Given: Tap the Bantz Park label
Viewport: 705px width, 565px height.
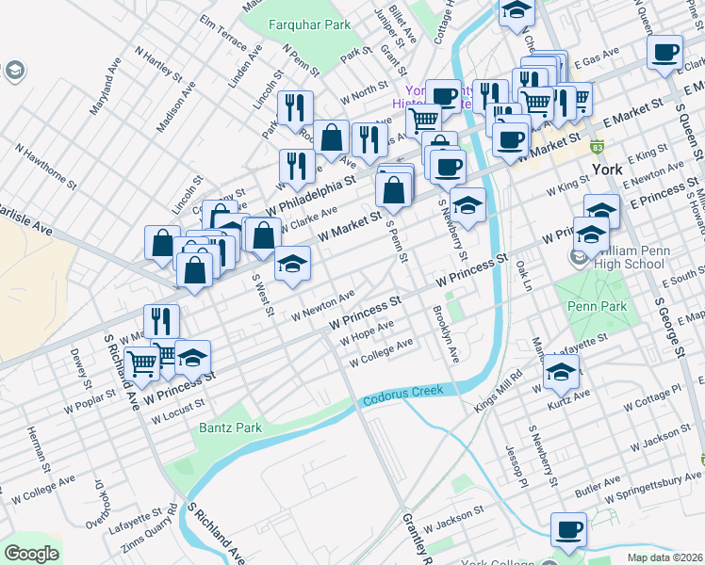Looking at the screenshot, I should [230, 428].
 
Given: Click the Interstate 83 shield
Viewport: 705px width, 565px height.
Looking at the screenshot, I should [597, 148].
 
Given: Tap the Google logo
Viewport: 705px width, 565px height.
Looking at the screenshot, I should [31, 553].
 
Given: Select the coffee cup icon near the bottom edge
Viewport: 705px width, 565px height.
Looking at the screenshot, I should [569, 529].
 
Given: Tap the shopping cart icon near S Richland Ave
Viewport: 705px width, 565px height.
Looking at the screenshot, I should [142, 362].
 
